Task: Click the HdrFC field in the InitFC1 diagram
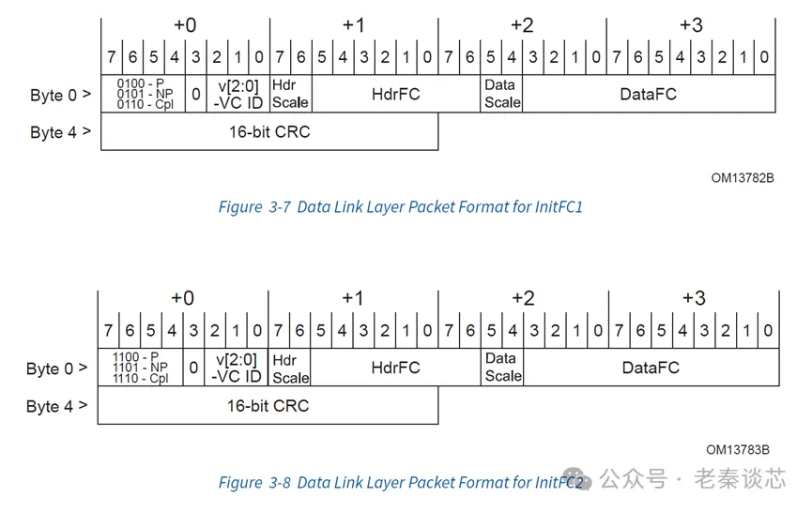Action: (x=395, y=94)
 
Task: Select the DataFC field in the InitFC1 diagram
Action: (x=648, y=94)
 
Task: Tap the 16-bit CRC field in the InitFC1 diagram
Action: (x=269, y=132)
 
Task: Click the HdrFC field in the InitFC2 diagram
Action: (x=395, y=368)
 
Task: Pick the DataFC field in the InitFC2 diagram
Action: (x=650, y=368)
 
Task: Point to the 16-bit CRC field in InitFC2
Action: (x=268, y=406)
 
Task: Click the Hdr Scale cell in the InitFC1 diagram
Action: (x=290, y=94)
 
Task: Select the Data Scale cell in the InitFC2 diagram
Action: (x=502, y=368)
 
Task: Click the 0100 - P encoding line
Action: (x=141, y=83)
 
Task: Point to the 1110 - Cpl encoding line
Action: (x=141, y=379)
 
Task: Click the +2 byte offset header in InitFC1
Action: (x=522, y=25)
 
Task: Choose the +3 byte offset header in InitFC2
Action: (x=693, y=298)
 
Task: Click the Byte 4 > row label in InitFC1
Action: (x=60, y=132)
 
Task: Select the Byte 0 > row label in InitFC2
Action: (x=56, y=368)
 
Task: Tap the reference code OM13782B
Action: (x=742, y=178)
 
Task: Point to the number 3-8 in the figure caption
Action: (x=280, y=483)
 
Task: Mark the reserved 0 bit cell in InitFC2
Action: (x=194, y=368)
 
